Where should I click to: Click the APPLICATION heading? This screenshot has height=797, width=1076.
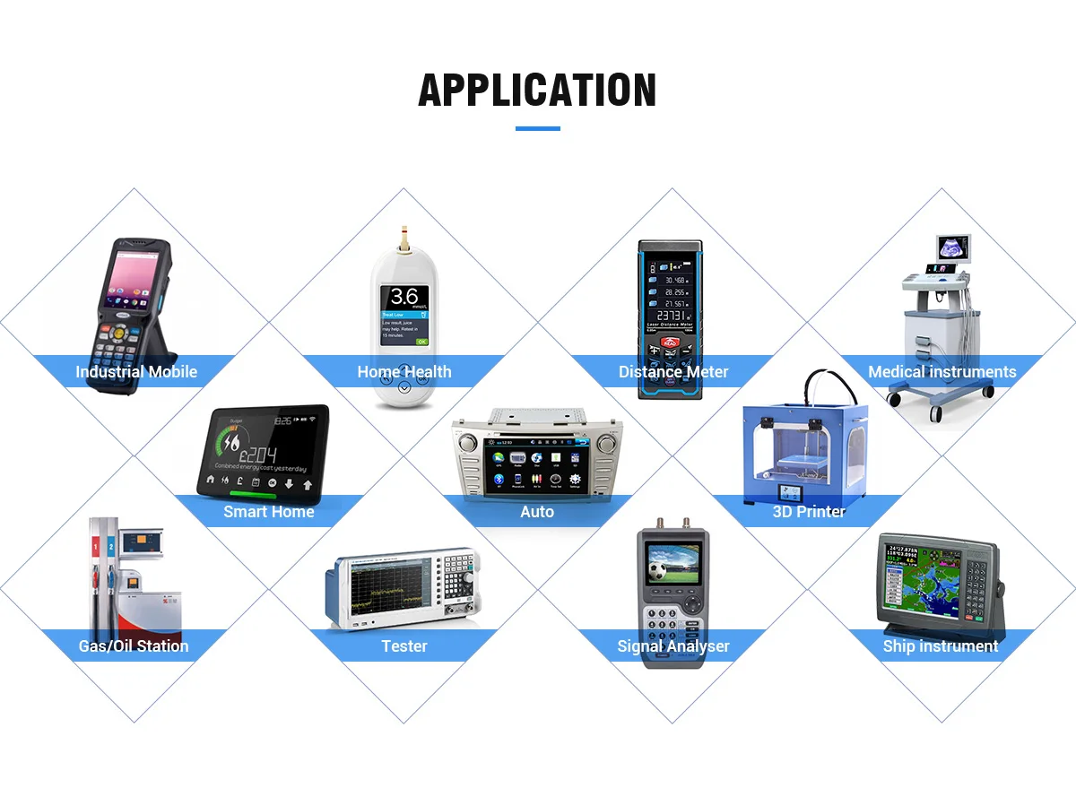(537, 91)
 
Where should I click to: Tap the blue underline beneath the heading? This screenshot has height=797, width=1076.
(537, 128)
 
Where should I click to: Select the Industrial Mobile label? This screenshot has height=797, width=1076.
(136, 372)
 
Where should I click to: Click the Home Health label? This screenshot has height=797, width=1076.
(404, 372)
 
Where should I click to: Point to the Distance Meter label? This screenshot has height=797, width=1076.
(673, 372)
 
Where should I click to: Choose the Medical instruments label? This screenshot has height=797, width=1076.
(941, 372)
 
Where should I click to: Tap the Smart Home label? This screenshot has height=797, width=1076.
(269, 512)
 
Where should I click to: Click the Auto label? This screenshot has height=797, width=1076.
(537, 512)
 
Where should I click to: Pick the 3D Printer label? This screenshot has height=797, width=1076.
(809, 512)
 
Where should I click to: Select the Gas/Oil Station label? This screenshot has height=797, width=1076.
(134, 645)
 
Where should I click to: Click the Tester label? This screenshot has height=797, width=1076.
(404, 645)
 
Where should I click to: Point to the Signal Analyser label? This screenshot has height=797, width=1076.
(673, 645)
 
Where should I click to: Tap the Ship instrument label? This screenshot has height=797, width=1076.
(941, 645)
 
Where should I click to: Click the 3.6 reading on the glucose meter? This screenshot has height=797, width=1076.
(404, 297)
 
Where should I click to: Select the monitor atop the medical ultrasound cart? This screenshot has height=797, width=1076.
(953, 247)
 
